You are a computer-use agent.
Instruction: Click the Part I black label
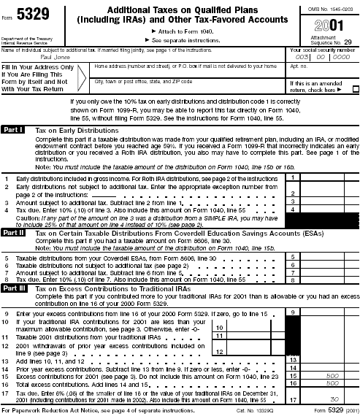click(x=15, y=128)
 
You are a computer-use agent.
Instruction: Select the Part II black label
click(x=15, y=232)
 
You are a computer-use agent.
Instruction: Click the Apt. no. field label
click(x=299, y=66)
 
